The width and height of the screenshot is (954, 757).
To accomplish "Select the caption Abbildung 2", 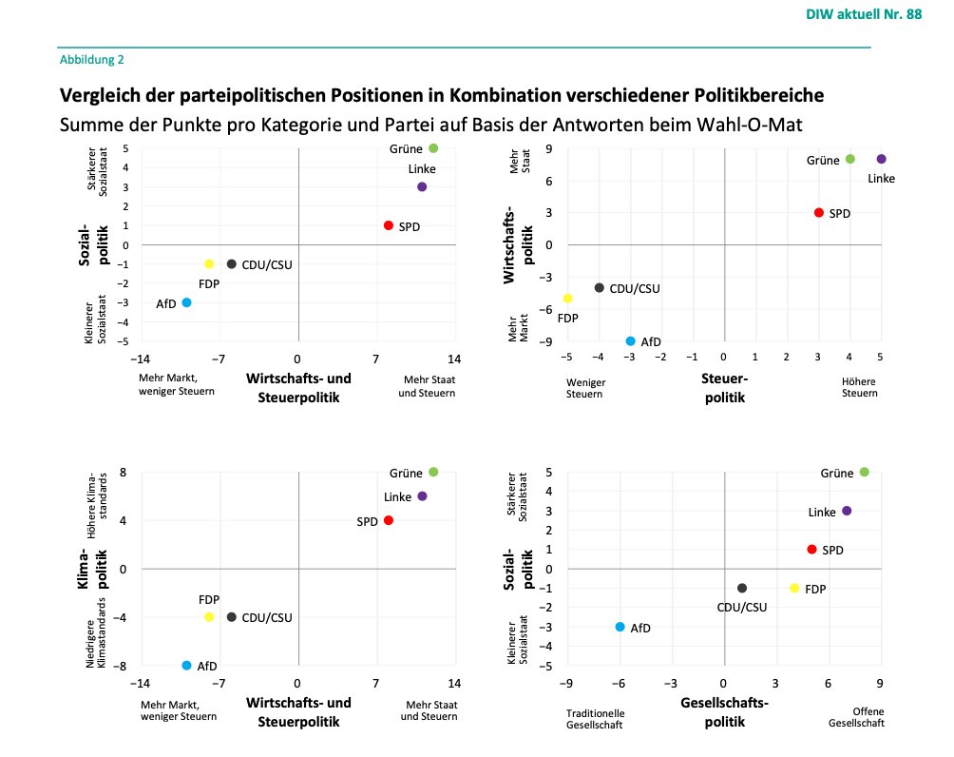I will (91, 59).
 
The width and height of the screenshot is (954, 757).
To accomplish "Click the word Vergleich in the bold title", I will (99, 96).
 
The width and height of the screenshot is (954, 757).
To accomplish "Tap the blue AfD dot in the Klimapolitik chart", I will (186, 665).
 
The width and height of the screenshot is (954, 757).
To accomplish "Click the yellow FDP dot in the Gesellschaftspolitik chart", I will (794, 589).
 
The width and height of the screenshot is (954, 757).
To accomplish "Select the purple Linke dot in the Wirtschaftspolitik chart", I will (881, 159).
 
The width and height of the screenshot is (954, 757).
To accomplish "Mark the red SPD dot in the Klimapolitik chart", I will (388, 520).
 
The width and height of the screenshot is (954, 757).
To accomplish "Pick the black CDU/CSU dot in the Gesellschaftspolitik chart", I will (742, 589).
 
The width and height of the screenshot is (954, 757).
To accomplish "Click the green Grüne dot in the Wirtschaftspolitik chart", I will (850, 159).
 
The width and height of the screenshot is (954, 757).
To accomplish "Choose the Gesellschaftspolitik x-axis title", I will (724, 711).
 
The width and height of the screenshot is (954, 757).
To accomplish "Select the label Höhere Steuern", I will (859, 387).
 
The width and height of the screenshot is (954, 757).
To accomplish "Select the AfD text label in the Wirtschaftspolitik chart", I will (651, 341).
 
